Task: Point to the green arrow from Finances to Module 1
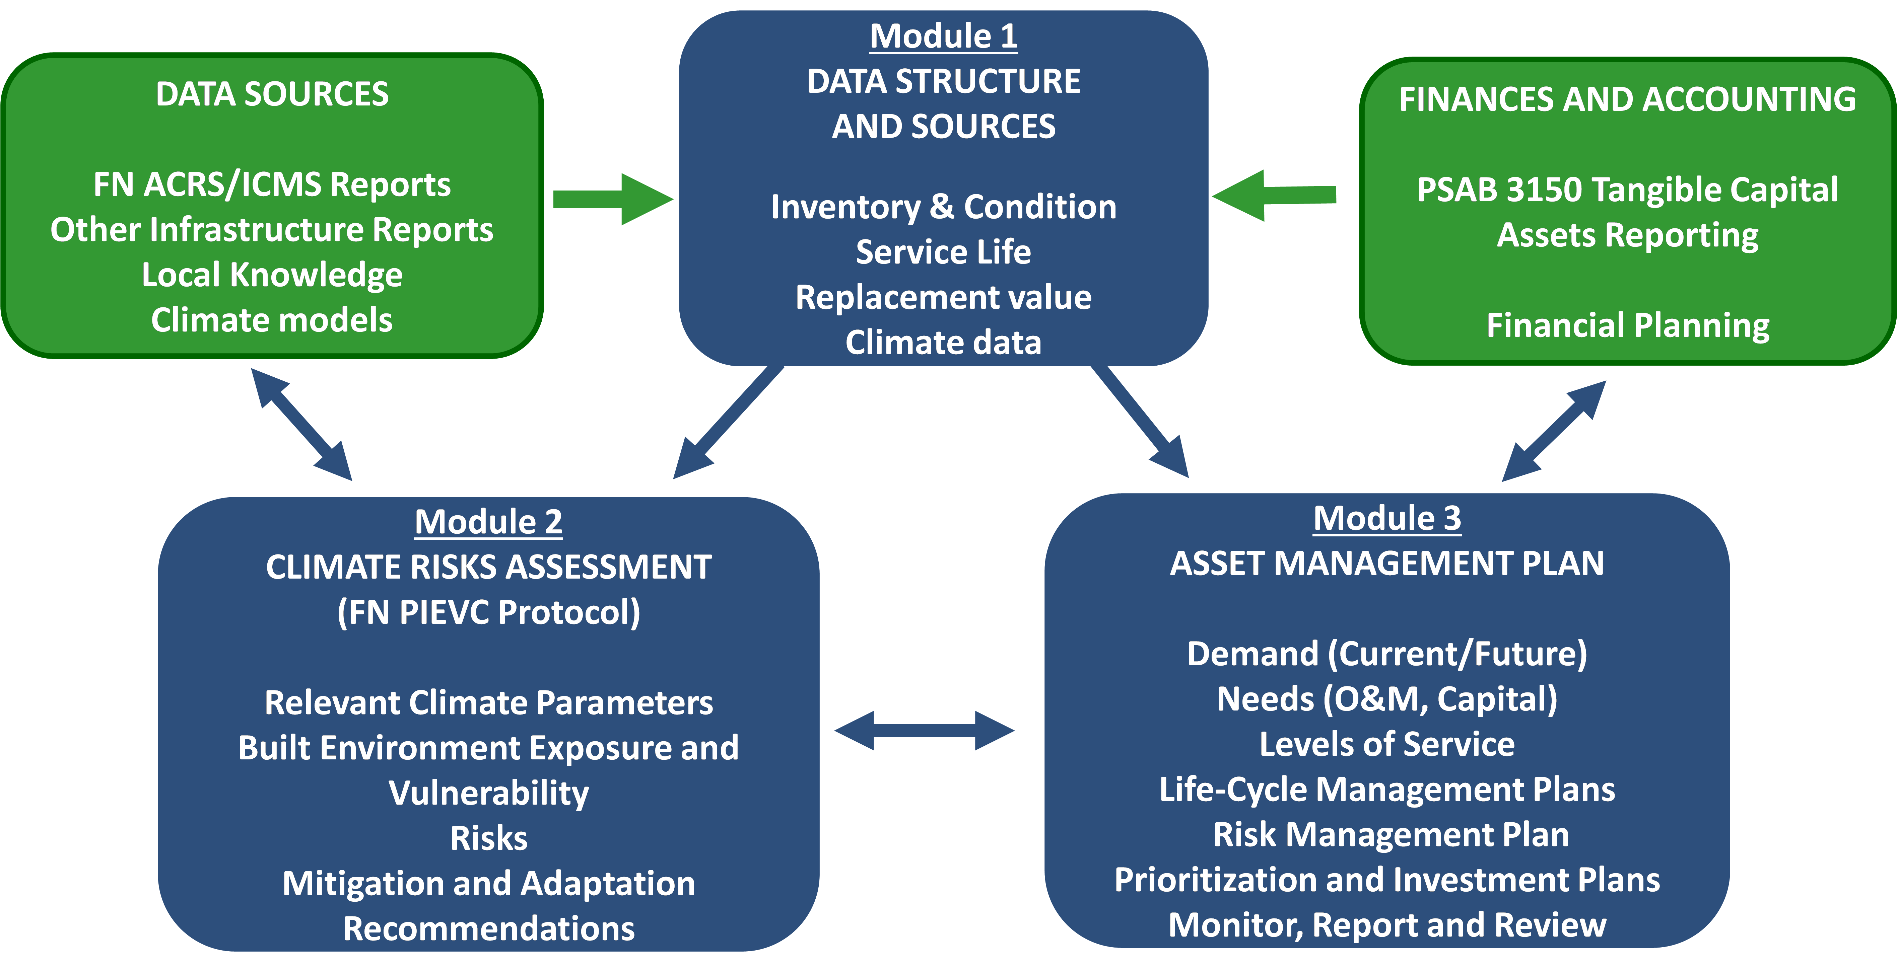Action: click(1274, 195)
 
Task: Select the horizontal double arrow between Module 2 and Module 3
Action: click(924, 731)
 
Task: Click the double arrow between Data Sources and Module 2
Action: click(302, 425)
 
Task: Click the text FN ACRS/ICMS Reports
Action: click(272, 185)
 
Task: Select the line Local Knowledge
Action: click(272, 275)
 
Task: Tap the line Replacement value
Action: click(943, 297)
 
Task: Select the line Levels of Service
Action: click(1387, 744)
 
